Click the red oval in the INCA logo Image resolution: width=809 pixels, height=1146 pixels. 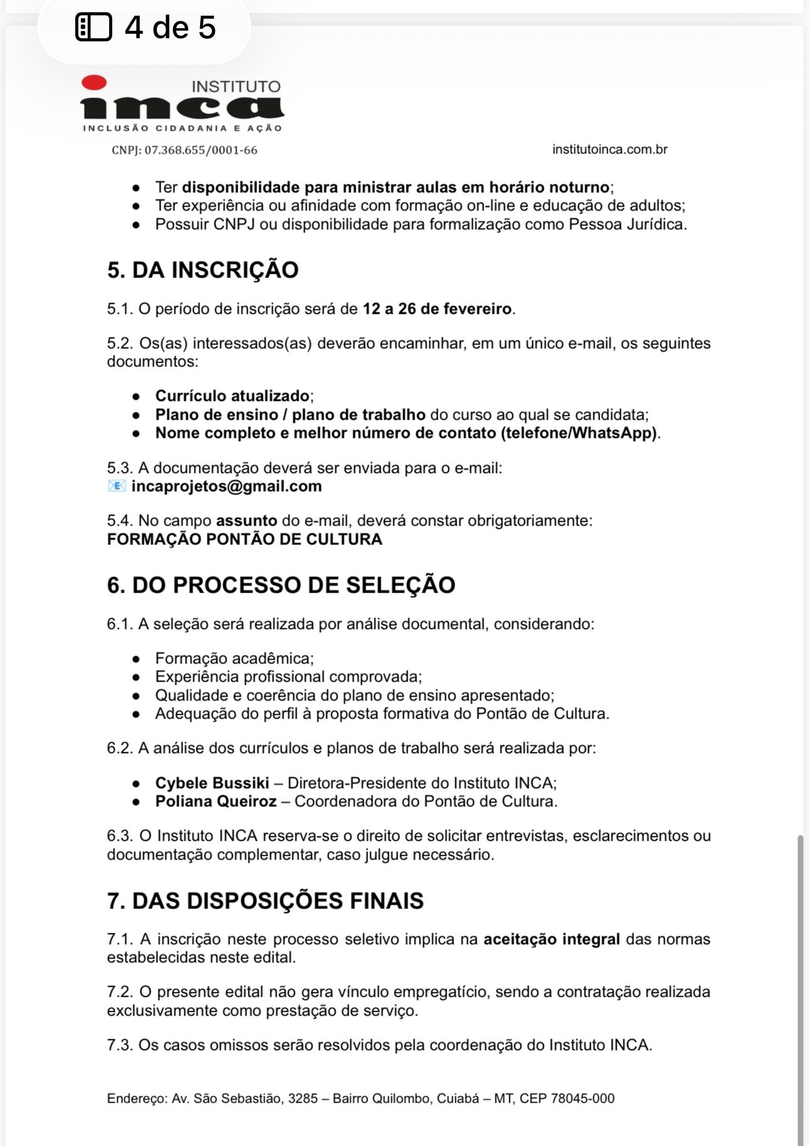tap(94, 82)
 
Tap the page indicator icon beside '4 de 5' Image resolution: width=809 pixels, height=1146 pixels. tap(93, 28)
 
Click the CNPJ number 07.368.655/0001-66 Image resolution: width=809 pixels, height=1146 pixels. tap(201, 150)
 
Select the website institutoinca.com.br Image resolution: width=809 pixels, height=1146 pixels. tap(610, 150)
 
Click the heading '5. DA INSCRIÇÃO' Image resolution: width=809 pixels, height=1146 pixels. tap(203, 270)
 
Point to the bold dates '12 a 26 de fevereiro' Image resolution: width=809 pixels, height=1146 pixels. tap(437, 309)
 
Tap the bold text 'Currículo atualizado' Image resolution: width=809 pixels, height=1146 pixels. tap(232, 396)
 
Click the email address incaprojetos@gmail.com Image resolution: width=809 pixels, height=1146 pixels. tap(226, 486)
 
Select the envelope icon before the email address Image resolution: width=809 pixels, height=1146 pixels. tap(117, 486)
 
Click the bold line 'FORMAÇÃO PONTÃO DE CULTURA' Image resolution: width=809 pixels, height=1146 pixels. tap(245, 539)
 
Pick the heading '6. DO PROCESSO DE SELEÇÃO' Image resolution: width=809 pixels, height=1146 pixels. tap(281, 585)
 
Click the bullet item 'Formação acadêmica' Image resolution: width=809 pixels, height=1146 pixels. tap(234, 659)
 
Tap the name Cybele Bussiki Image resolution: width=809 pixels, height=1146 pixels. tap(212, 783)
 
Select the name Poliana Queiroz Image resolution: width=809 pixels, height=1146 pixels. tap(216, 801)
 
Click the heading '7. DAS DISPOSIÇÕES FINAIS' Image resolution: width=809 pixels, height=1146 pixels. tap(265, 901)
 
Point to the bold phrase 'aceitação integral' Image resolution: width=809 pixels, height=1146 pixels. tap(552, 939)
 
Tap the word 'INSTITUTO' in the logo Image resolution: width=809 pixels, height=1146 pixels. tap(236, 86)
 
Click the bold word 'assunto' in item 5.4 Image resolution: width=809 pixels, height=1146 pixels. tap(246, 521)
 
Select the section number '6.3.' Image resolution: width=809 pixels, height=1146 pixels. tap(120, 836)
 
